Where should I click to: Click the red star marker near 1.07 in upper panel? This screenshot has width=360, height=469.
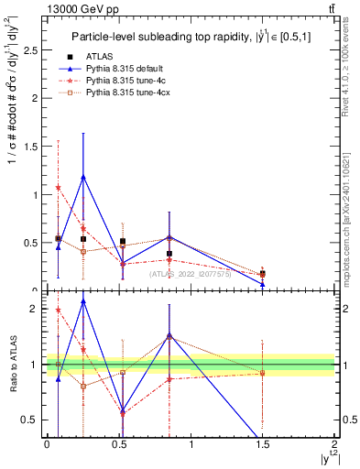58,188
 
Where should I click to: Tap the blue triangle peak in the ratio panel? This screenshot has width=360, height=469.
83,301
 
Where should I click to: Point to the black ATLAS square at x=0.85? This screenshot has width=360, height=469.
169,254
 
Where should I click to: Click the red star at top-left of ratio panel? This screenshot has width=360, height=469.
58,310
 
